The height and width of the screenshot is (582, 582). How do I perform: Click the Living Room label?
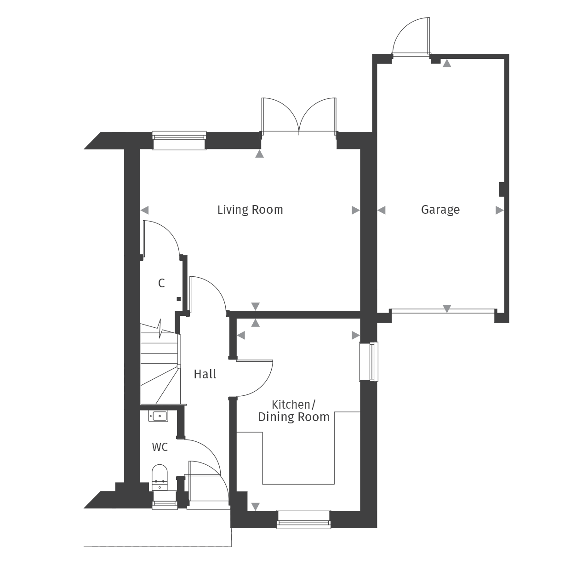coord(250,210)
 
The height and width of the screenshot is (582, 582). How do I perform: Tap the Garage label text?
coord(440,210)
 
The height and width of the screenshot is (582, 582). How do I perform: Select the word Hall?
coord(205,375)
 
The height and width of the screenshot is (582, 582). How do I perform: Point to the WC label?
coord(160,447)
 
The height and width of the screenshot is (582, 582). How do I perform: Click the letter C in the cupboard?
coord(161,284)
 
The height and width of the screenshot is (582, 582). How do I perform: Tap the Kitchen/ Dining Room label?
coord(294,411)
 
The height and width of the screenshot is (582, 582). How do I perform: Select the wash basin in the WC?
coord(158,416)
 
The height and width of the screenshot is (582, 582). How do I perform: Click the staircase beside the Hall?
coord(159,363)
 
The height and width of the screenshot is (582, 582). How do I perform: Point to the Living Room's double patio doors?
coord(299,117)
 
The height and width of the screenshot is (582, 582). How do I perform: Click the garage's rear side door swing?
coord(411,37)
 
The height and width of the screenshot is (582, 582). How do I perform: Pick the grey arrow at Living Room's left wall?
coord(144,210)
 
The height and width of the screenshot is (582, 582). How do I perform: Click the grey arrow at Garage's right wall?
coord(499,210)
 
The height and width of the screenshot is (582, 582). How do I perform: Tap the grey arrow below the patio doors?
coord(260,154)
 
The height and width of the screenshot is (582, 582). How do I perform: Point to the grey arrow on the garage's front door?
coord(446,308)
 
